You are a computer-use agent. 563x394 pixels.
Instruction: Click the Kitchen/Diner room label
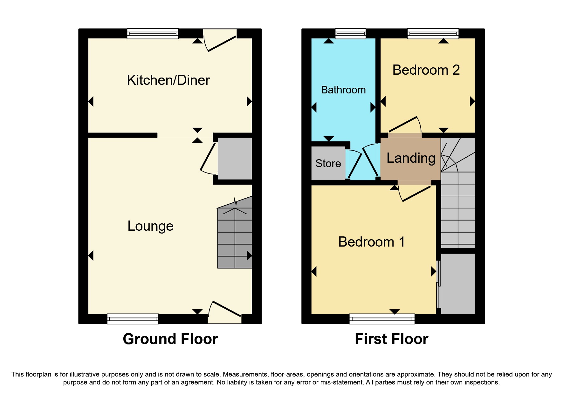point(168,80)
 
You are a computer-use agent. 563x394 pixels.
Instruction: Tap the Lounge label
point(150,226)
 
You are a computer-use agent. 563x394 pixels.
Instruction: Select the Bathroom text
point(343,90)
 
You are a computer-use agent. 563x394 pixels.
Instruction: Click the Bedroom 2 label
point(426,70)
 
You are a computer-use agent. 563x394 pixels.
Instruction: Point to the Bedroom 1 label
point(371,242)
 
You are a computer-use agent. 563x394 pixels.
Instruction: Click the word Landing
point(411,158)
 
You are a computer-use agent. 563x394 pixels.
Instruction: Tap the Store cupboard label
point(328,163)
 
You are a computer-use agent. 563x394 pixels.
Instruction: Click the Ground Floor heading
point(170,339)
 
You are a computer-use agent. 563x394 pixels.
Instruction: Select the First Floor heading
point(391,339)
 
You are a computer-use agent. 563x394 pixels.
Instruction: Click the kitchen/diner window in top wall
point(153,34)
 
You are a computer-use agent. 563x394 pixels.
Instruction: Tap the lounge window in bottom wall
point(133,319)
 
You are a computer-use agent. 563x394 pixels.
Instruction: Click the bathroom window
point(351,34)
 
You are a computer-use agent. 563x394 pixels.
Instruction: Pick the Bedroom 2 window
point(433,34)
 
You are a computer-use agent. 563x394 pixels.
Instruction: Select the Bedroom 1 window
point(382,319)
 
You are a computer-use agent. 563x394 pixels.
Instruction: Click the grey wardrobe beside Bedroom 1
point(457,283)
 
